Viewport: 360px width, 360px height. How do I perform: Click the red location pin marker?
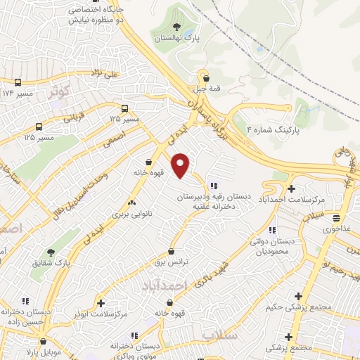[181, 165]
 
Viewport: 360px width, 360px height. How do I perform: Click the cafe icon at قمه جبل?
[205, 75]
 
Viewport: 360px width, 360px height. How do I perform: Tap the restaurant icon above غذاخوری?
[337, 219]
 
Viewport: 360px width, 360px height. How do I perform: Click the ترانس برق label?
[172, 262]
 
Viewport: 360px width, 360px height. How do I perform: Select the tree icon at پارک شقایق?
[51, 252]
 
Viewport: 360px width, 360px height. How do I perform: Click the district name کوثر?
[60, 91]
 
